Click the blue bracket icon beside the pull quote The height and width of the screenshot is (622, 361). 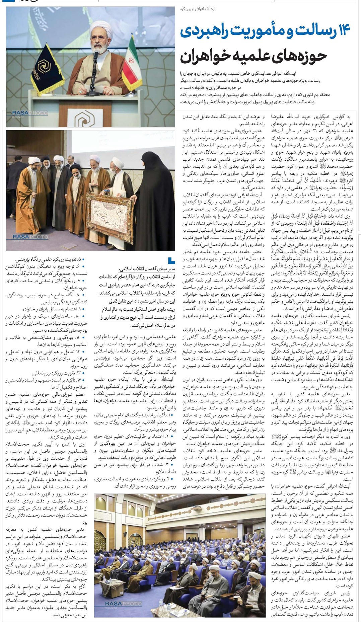coord(171,260)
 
